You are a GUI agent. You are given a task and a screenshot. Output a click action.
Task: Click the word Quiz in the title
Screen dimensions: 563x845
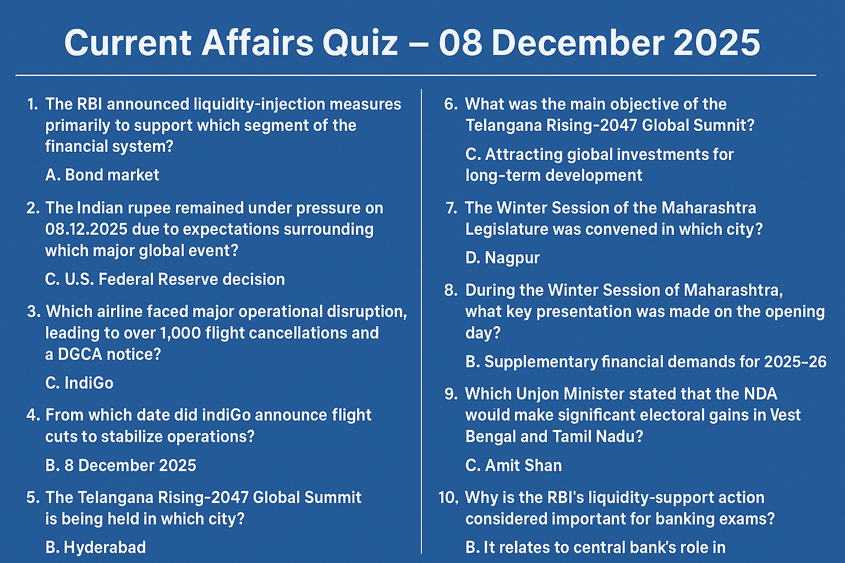pos(360,43)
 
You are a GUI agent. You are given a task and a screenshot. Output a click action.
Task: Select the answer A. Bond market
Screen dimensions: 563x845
pos(102,175)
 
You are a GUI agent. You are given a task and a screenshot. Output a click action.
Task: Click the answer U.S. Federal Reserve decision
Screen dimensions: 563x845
pos(165,279)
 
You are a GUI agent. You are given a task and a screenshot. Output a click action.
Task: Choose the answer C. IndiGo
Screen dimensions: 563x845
pos(79,383)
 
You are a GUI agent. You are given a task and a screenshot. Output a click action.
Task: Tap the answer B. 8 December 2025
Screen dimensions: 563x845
pos(120,465)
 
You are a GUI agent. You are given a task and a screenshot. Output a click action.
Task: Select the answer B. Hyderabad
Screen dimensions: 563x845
pos(96,547)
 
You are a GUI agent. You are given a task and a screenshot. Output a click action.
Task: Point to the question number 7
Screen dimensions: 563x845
pos(451,208)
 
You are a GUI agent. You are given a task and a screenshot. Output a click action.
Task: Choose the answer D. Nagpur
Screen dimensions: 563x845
pos(502,257)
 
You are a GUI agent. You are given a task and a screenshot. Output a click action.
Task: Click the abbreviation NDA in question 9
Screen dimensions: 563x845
pos(760,394)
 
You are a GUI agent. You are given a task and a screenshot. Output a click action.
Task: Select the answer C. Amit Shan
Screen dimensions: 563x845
pos(513,465)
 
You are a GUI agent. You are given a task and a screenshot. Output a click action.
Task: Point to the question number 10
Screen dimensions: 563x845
pos(448,498)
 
